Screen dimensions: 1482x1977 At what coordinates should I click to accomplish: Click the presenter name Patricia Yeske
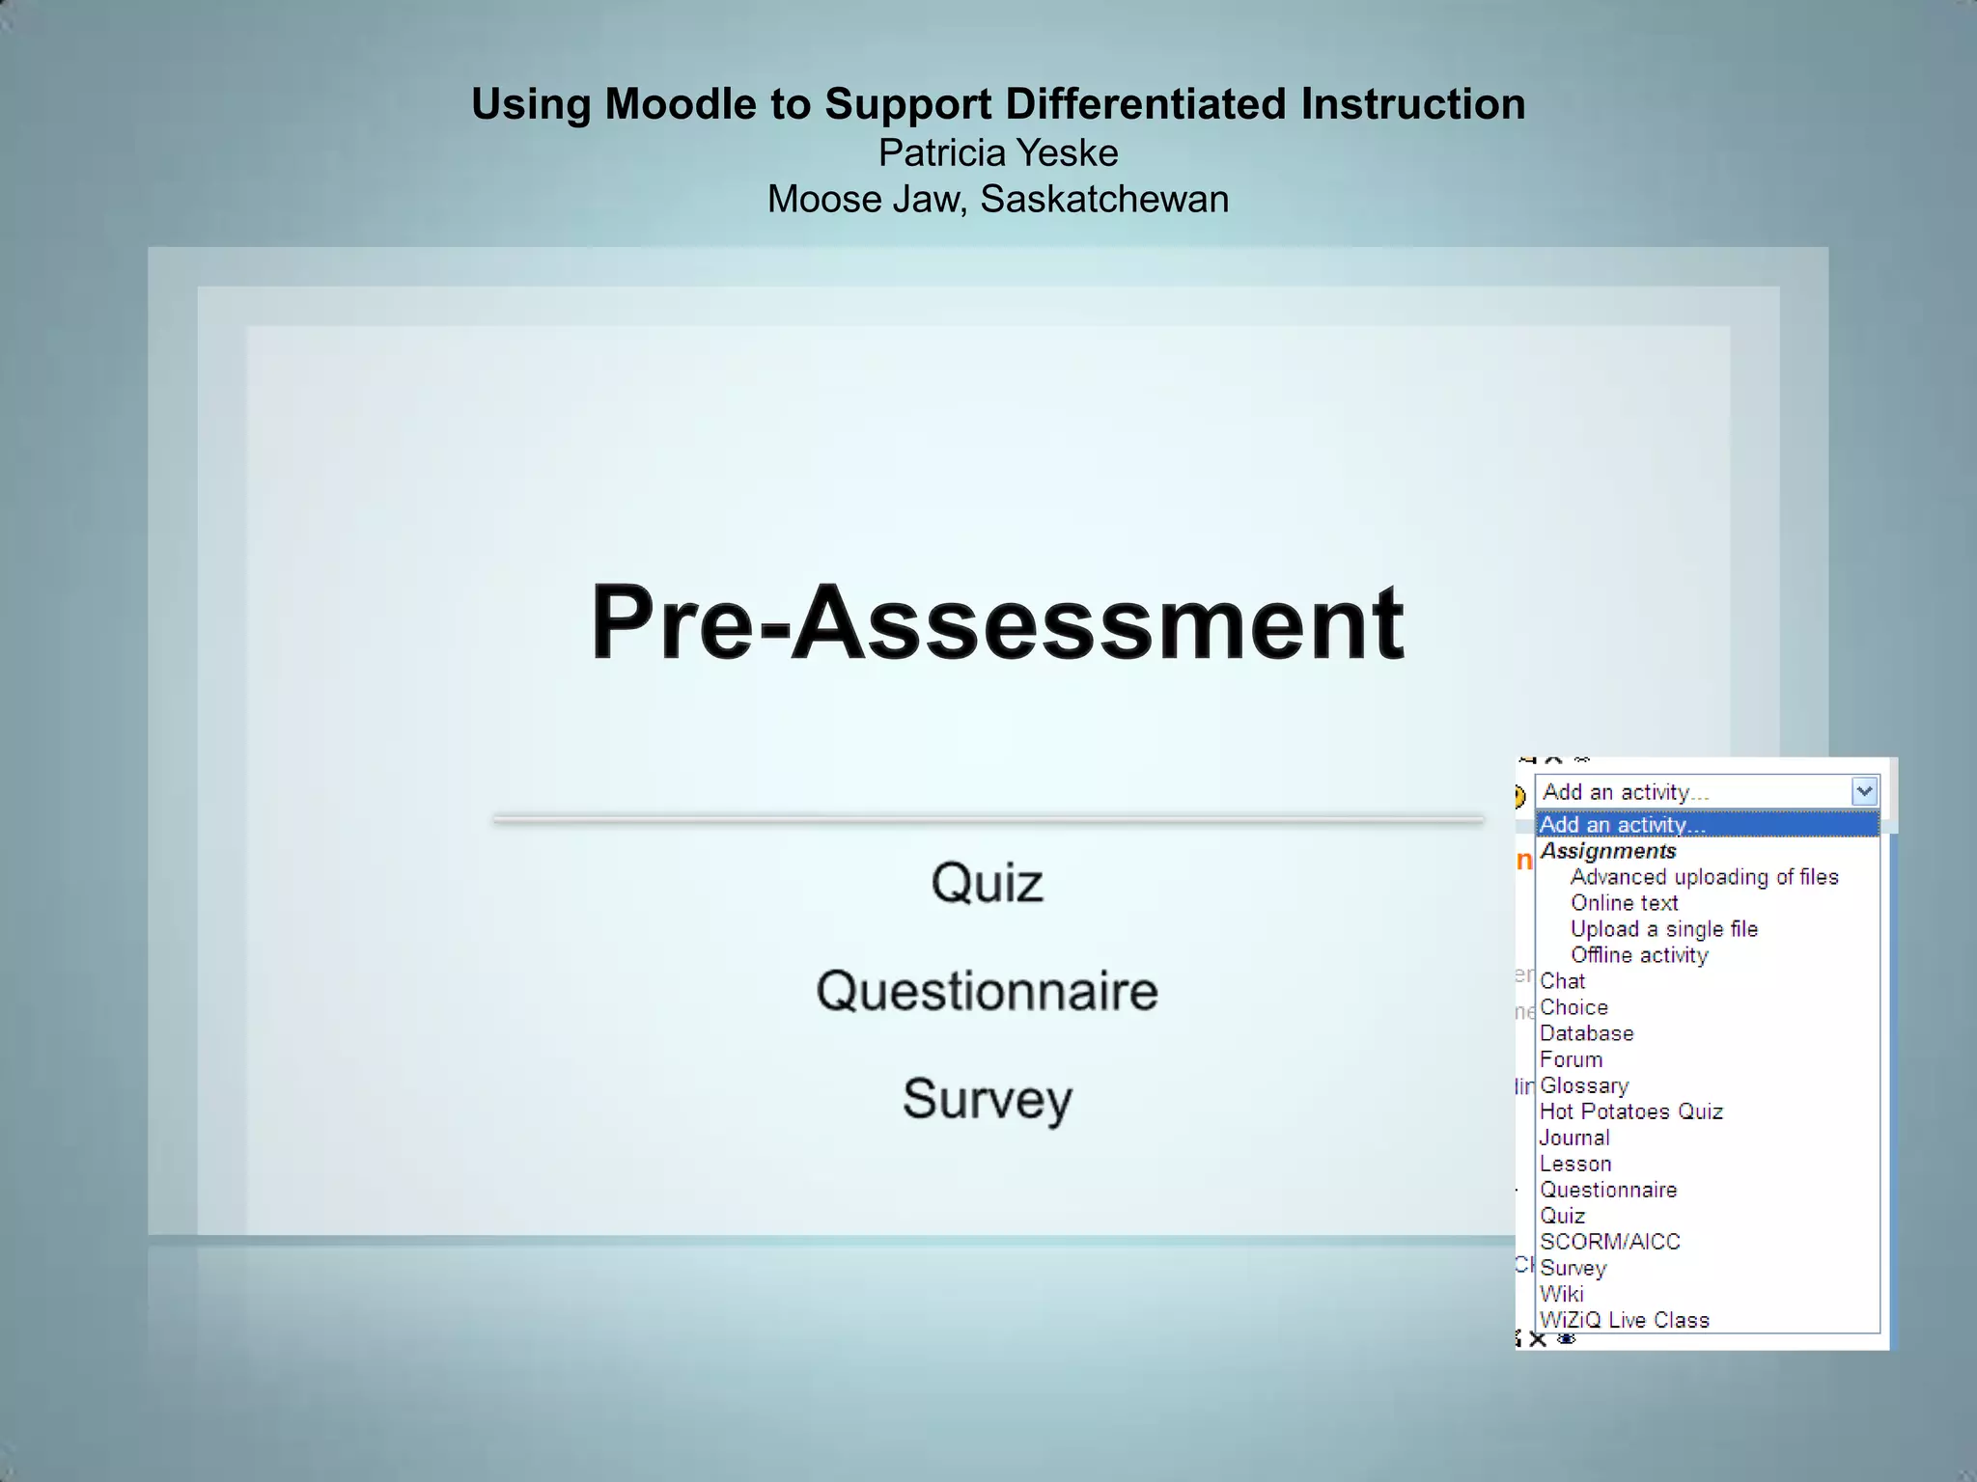point(997,153)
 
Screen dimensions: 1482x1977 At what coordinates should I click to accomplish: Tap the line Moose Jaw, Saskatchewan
point(997,200)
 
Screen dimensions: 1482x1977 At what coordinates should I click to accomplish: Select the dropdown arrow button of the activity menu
point(1864,792)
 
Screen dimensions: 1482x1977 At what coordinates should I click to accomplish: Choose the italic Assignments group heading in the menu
point(1607,851)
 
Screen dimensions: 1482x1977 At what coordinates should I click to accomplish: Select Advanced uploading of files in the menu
point(1704,877)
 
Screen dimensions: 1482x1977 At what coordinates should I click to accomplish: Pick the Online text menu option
point(1624,903)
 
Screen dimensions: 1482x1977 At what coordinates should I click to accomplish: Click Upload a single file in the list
point(1663,929)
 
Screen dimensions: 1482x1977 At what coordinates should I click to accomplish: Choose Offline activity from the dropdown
point(1639,955)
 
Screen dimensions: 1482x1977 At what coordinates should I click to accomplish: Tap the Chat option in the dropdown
point(1562,981)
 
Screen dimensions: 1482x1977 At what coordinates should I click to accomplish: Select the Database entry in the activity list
point(1586,1033)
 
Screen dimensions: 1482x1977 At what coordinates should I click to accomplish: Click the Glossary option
point(1583,1085)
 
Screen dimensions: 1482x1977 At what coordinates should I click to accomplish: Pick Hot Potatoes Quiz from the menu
point(1630,1111)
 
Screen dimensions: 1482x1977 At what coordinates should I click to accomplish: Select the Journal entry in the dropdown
point(1573,1138)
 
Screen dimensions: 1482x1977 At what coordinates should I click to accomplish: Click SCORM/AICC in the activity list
point(1609,1242)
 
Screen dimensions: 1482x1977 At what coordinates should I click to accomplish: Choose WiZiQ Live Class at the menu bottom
point(1624,1320)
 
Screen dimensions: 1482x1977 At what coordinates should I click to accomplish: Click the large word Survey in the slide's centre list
point(988,1099)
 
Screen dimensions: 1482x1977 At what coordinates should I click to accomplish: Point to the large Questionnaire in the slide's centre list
point(987,991)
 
